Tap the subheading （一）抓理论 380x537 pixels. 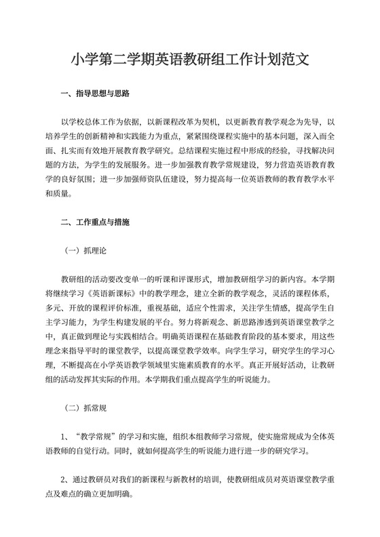click(x=84, y=250)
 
